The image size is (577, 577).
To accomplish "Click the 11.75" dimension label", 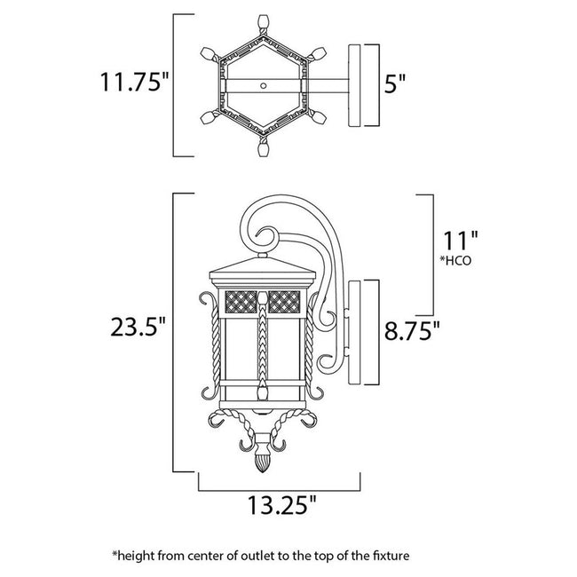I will tap(133, 84).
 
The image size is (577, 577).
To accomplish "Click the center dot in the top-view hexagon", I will tap(263, 87).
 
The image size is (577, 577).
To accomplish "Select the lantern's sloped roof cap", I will tap(264, 263).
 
